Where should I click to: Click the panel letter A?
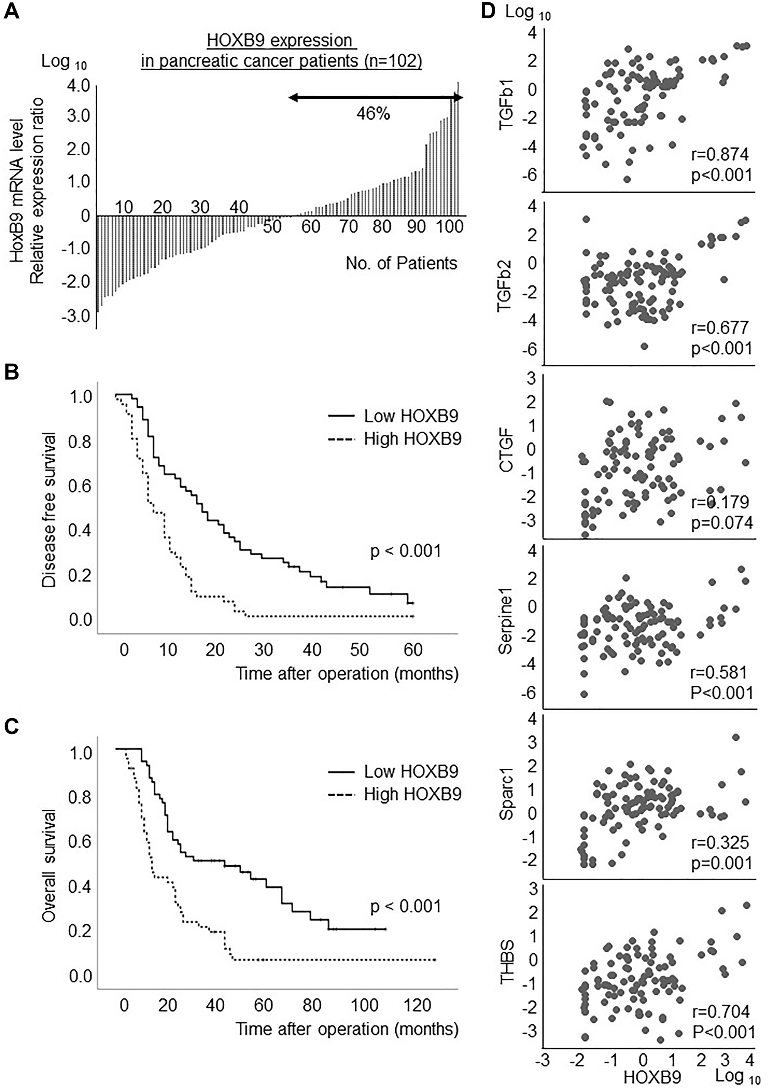[12, 10]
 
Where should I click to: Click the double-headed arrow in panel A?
[376, 97]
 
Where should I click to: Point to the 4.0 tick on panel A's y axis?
[78, 86]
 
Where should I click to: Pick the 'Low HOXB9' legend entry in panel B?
[411, 416]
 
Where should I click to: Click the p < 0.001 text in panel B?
[405, 551]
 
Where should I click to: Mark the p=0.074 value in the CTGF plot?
[721, 523]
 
